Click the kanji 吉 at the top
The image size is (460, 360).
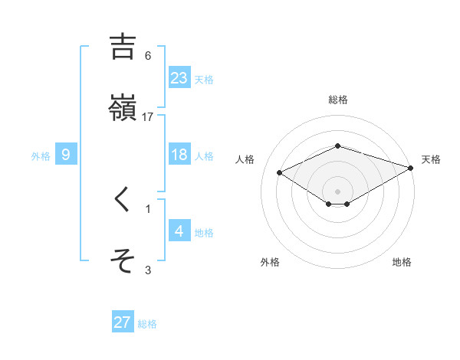pyautogui.click(x=123, y=47)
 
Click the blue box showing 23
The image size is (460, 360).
pyautogui.click(x=179, y=77)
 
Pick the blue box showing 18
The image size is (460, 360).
pyautogui.click(x=179, y=155)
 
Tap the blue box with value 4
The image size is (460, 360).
pyautogui.click(x=179, y=231)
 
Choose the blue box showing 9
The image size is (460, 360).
pyautogui.click(x=66, y=155)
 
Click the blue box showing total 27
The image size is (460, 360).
pyautogui.click(x=123, y=322)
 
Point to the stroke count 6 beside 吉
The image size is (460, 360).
pyautogui.click(x=148, y=55)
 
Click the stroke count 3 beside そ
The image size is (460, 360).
pyautogui.click(x=148, y=269)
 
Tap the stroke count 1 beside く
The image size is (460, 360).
pyautogui.click(x=148, y=208)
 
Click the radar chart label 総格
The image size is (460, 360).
pyautogui.click(x=338, y=100)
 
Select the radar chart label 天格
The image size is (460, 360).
pyautogui.click(x=431, y=159)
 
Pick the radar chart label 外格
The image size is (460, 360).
pyautogui.click(x=270, y=262)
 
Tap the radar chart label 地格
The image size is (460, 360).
pyautogui.click(x=402, y=262)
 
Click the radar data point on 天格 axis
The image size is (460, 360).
pyautogui.click(x=411, y=168)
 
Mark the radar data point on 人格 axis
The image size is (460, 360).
pyautogui.click(x=280, y=172)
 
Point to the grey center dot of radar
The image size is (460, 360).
pyautogui.click(x=338, y=191)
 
